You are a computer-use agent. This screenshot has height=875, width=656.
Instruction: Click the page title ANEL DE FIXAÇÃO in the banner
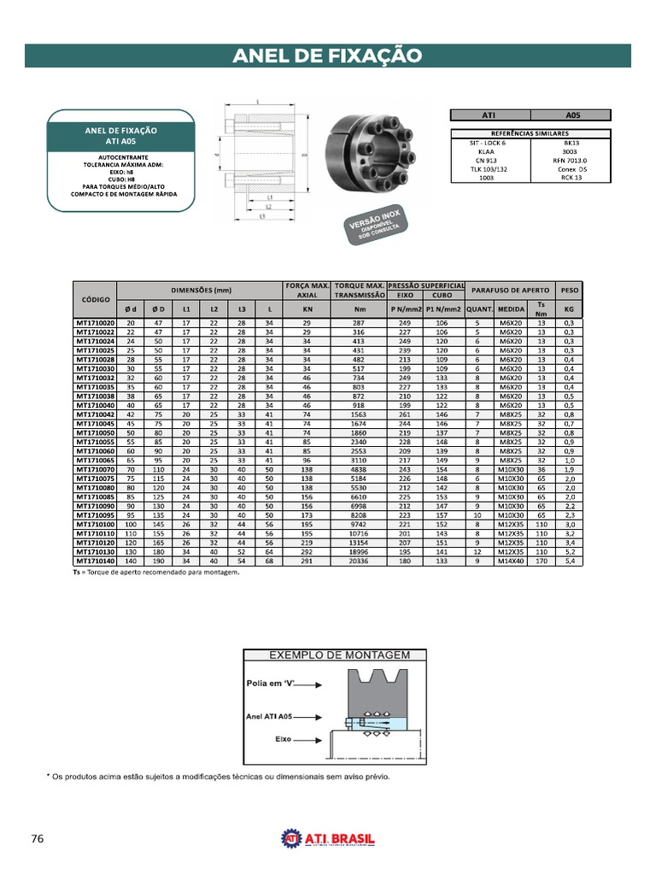point(328,56)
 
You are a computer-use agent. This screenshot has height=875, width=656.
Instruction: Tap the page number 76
point(37,838)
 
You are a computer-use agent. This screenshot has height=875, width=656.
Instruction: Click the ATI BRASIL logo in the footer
point(328,839)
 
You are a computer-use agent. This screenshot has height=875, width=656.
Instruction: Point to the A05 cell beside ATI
point(571,115)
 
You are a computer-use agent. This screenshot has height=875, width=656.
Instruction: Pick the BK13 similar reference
point(571,144)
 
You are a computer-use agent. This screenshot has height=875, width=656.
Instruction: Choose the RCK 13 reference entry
point(571,178)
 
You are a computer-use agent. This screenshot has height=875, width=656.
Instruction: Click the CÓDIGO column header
point(95,300)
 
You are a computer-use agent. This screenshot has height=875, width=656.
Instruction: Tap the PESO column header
point(569,290)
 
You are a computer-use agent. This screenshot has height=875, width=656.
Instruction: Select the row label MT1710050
point(95,433)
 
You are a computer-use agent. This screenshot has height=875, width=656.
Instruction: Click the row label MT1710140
point(95,561)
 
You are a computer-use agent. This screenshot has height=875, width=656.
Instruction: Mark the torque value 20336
point(360,561)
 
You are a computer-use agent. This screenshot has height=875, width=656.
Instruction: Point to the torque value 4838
point(360,470)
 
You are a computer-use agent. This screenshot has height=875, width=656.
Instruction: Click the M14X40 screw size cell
point(512,561)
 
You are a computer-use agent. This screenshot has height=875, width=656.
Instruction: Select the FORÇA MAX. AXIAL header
point(307,290)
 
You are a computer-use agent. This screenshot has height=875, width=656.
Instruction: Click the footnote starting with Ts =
point(156,573)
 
